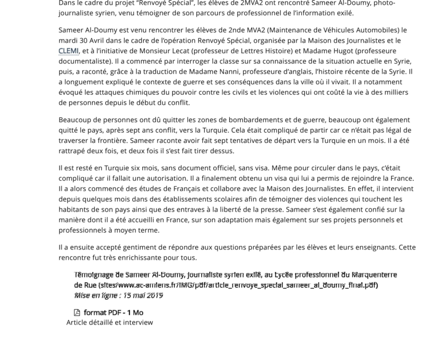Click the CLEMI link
[68, 51]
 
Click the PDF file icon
[77, 313]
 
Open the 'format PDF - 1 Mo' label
[113, 313]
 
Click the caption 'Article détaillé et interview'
[110, 322]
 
